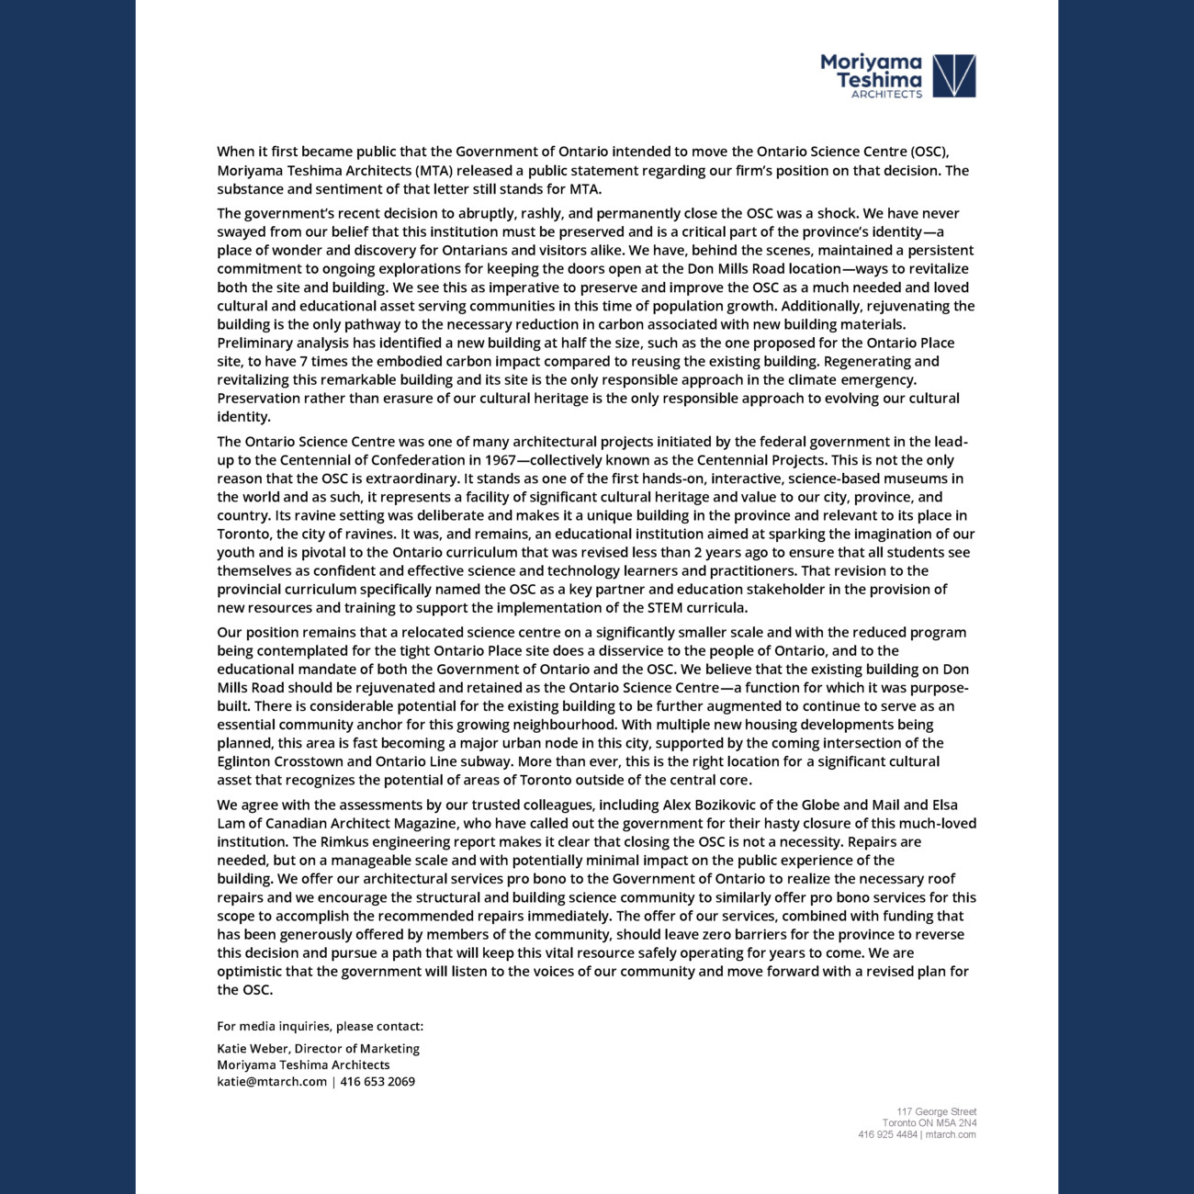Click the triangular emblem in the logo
coord(954,75)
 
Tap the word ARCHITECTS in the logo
coord(886,95)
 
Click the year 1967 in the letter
coord(500,460)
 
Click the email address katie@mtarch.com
coord(272,1082)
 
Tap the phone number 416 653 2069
coord(377,1082)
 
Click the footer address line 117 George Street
coord(937,1112)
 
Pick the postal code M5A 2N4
coord(957,1123)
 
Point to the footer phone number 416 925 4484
coord(887,1134)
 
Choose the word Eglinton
coord(245,761)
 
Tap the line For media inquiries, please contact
coord(320,1027)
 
